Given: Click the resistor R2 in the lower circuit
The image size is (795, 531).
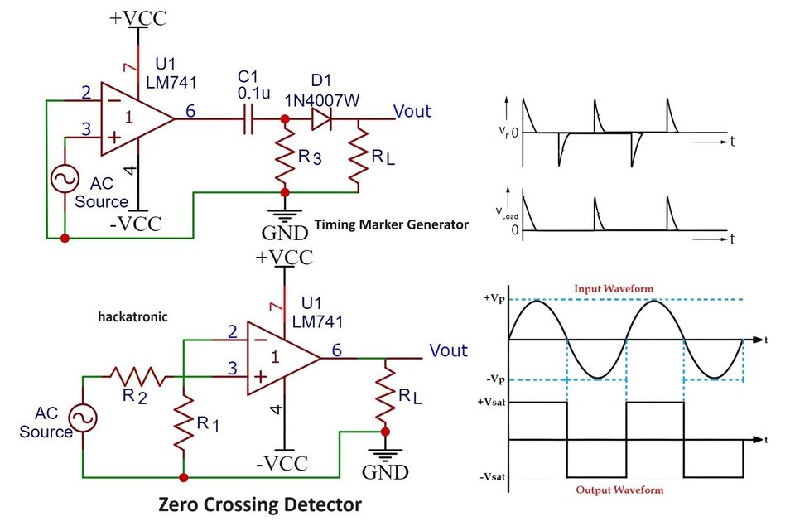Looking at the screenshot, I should pos(132,375).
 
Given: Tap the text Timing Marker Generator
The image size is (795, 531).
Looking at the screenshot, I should pos(391,224).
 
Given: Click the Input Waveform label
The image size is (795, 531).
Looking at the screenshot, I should pos(614,288).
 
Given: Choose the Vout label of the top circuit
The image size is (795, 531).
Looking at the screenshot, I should pos(412,112).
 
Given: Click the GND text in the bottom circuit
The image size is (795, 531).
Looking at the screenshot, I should pos(385,473).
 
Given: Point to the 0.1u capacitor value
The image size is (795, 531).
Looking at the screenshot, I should pos(249,94).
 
